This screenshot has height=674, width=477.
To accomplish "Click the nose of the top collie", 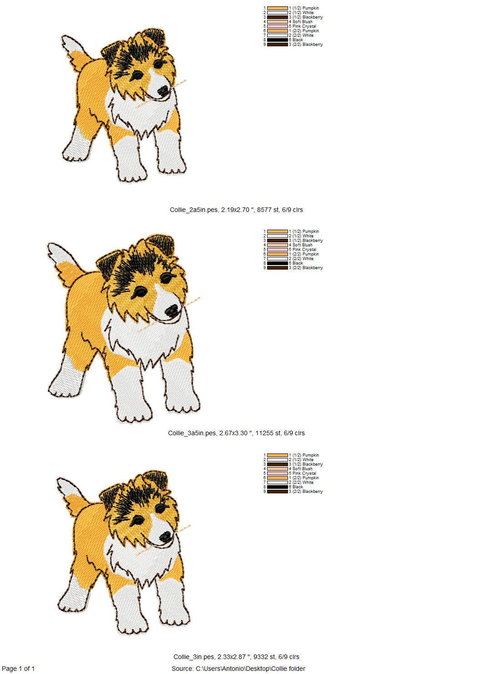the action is pos(163,91).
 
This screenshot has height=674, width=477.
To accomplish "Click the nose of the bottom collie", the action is pos(166,538).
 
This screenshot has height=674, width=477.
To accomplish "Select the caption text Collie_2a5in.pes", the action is pos(194,210).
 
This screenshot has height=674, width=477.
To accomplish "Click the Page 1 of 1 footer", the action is pos(18,669).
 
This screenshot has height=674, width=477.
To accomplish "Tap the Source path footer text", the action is pos(238,669).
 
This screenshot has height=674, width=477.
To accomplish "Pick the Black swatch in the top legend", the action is pos(278,40).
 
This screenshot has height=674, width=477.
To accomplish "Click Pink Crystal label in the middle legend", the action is pos(304,250).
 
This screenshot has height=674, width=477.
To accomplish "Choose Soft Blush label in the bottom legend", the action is pos(303,469).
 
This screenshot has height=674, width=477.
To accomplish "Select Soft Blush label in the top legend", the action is pos(303,22).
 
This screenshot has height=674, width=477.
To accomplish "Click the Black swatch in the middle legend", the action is pos(278,263).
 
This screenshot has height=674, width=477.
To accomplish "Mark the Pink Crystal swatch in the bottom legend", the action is pos(278,473).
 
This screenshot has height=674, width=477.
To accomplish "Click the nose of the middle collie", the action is pos(172,310).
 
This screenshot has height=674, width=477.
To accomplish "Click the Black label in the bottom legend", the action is pos(298,487).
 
